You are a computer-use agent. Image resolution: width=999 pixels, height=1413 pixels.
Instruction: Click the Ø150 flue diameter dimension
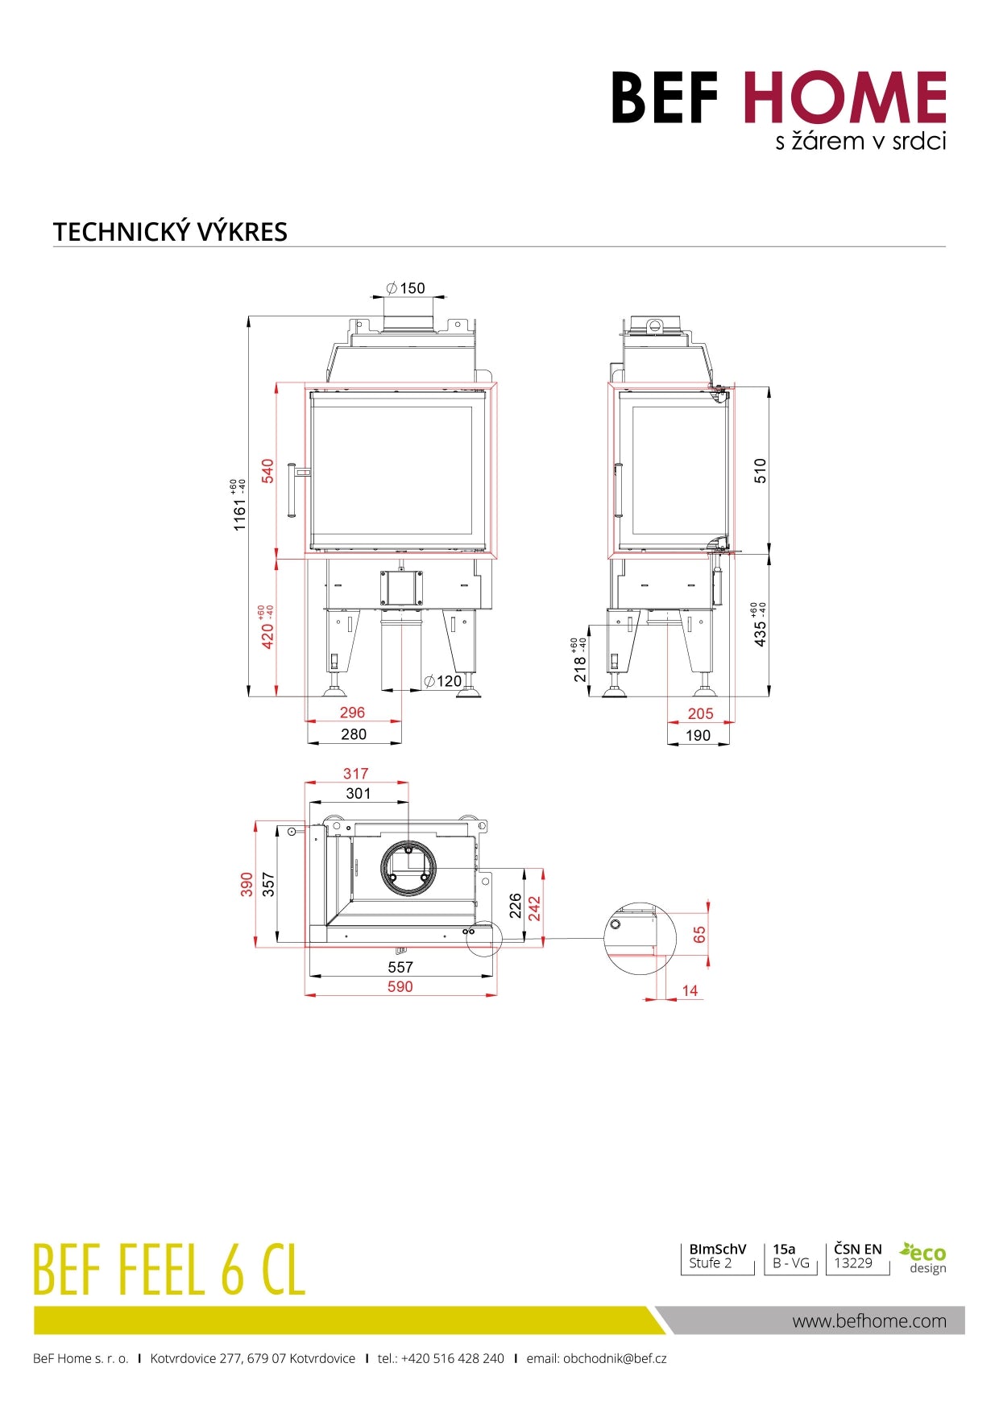tap(405, 288)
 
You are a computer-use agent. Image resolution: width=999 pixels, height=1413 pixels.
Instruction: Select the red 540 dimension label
tap(268, 471)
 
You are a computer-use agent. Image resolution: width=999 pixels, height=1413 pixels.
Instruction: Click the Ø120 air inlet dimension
tap(443, 681)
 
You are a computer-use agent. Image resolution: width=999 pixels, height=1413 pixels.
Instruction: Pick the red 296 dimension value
tap(352, 713)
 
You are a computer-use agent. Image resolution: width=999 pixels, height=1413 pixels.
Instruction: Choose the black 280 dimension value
tap(354, 734)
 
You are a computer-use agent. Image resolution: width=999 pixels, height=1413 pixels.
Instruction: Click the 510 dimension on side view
tap(761, 471)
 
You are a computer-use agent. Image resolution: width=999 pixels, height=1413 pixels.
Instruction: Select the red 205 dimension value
tap(700, 713)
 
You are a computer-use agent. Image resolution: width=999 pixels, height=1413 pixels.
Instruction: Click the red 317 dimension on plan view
tap(355, 774)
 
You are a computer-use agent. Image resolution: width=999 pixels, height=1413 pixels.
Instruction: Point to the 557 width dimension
tap(400, 967)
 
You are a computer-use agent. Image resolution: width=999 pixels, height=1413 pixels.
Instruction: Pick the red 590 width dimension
tap(400, 987)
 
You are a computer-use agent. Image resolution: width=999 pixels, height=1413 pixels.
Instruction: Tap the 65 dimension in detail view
tap(699, 935)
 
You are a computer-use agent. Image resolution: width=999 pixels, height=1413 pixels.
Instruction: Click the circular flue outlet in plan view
tap(408, 868)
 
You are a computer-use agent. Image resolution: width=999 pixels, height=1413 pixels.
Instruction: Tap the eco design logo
tap(923, 1258)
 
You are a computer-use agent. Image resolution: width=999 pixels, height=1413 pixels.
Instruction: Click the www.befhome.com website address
tap(869, 1320)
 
